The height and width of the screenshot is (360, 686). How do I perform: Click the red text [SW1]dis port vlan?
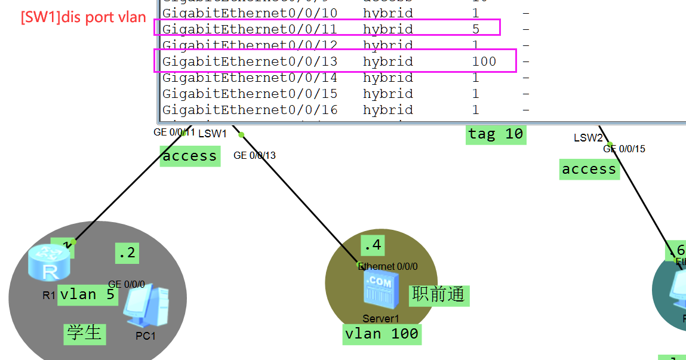84,17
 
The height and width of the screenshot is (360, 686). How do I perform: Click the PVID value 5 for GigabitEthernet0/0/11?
476,29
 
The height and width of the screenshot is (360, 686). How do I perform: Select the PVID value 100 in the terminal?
484,61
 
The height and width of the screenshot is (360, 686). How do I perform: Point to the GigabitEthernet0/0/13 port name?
250,61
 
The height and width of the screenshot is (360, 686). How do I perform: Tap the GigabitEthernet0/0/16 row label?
250,110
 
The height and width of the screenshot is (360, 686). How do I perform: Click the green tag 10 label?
496,134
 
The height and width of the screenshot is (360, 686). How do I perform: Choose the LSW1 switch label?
213,133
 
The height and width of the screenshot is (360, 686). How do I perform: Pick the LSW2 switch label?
588,138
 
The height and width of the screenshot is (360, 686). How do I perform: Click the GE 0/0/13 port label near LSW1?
254,155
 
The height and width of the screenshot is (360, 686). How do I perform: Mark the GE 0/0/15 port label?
624,149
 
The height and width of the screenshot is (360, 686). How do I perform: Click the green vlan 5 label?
88,294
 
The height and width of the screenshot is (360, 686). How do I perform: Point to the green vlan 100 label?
382,333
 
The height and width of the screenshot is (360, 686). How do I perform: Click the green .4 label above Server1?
372,245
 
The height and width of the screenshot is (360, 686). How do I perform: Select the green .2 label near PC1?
127,253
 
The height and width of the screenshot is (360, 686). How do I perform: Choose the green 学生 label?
84,333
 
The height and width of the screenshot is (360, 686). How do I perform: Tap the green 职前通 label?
439,294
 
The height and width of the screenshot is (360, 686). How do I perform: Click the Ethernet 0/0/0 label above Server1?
388,266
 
